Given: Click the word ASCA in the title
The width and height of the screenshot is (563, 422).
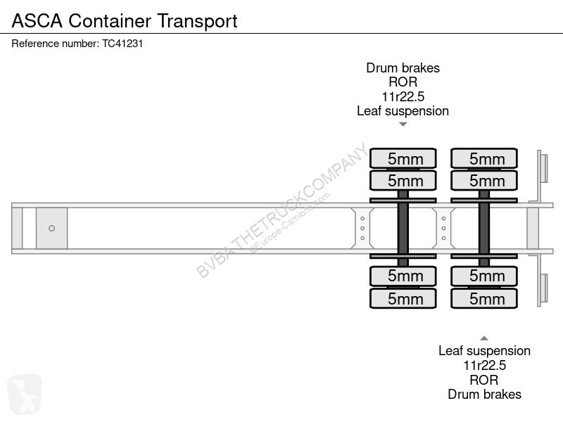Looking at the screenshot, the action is pos(37,21).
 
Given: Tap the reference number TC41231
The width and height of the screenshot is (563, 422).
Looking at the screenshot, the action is pos(122,44).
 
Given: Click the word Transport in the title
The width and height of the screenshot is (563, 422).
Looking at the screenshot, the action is pos(197,22).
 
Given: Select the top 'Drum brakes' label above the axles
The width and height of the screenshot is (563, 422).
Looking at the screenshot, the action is pos(403,68).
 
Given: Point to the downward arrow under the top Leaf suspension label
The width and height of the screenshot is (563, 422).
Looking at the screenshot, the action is pos(403,124).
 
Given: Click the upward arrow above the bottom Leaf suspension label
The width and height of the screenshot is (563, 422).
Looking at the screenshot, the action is pos(484,338).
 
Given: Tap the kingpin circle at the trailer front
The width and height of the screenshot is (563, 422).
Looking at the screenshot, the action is pos(51,228).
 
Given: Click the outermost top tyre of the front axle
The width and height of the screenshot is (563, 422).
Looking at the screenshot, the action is pos(403,158).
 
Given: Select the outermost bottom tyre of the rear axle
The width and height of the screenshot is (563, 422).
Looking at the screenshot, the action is pos(484,298).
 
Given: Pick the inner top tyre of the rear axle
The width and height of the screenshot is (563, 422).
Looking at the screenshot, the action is pos(484,181).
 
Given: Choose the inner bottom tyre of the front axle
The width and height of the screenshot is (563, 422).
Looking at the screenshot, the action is pos(403,276).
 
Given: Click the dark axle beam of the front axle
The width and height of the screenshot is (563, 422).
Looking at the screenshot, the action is pos(403,228).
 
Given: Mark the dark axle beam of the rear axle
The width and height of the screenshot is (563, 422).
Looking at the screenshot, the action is pos(484,228).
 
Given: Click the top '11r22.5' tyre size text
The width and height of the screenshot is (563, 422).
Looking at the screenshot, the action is pos(403,96).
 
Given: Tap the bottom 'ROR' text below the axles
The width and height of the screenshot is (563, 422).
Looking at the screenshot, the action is pos(484,380).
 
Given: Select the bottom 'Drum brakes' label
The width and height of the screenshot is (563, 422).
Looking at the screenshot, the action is pos(484,395).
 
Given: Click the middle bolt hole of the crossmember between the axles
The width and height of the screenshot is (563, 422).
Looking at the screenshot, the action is pos(444,228).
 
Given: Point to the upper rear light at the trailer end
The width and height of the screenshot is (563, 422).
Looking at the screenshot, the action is pos(544,168).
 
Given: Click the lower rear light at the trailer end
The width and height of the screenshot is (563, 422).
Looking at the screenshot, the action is pos(544,288).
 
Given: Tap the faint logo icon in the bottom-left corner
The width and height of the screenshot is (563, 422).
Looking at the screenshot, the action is pos(25,394).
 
